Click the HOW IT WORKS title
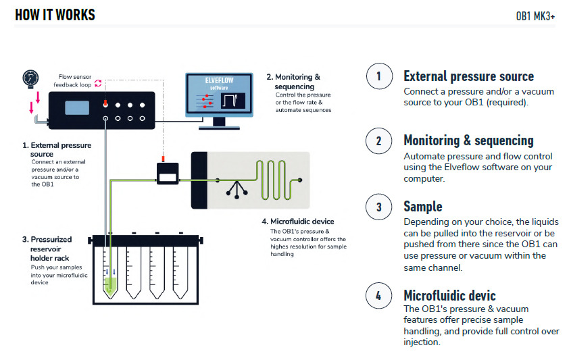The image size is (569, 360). (x=55, y=15)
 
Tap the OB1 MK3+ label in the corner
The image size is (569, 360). (x=535, y=16)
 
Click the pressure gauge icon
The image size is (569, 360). (x=30, y=78)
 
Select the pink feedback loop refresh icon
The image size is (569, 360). (x=98, y=83)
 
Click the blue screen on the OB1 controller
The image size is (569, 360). (x=77, y=107)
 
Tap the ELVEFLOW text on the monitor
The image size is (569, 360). (x=219, y=80)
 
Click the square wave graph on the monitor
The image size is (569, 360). (x=233, y=101)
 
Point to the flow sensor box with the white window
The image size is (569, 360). (x=168, y=174)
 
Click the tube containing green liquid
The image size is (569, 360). (x=110, y=273)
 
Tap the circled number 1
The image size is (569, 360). (x=379, y=76)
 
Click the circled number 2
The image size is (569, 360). (x=379, y=140)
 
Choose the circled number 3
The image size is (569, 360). (x=379, y=207)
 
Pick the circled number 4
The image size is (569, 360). (x=379, y=296)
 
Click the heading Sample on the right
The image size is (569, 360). (x=423, y=207)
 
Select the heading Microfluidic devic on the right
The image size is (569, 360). (x=449, y=295)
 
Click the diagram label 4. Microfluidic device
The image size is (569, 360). (x=298, y=222)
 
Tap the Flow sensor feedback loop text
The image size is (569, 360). (x=72, y=81)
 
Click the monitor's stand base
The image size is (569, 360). (x=219, y=128)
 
